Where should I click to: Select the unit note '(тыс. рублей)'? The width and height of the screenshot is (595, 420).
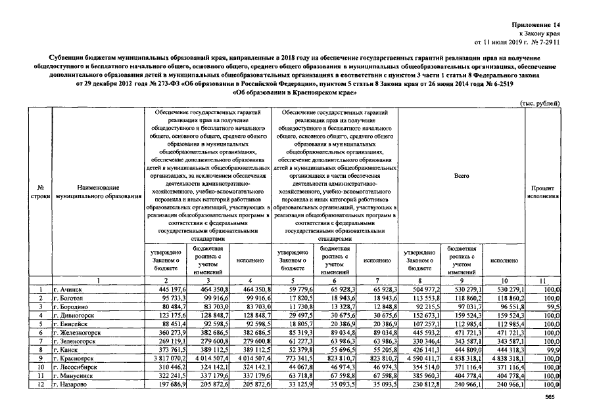pyautogui.click(x=540, y=103)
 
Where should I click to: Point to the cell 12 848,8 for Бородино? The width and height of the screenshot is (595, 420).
pyautogui.click(x=379, y=306)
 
